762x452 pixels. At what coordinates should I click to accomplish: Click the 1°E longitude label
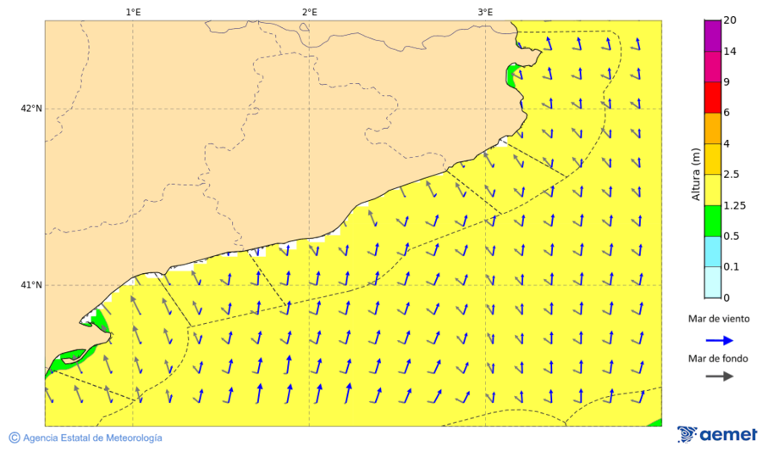click(x=133, y=12)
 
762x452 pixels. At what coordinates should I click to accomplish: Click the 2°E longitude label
click(x=309, y=12)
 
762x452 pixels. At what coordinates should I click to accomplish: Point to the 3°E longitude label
click(x=485, y=12)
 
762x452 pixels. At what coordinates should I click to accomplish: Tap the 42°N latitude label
click(x=31, y=109)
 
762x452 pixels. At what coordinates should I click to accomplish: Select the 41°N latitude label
click(x=31, y=285)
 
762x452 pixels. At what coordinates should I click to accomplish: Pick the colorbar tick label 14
click(x=730, y=52)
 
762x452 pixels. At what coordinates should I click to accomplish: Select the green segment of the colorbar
click(x=712, y=220)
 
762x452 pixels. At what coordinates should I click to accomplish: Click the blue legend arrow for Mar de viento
click(x=719, y=339)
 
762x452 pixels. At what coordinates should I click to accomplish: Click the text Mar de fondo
click(x=718, y=359)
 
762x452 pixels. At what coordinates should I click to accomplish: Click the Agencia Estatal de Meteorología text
click(x=92, y=438)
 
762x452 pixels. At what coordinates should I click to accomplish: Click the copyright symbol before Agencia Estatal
click(x=14, y=438)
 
